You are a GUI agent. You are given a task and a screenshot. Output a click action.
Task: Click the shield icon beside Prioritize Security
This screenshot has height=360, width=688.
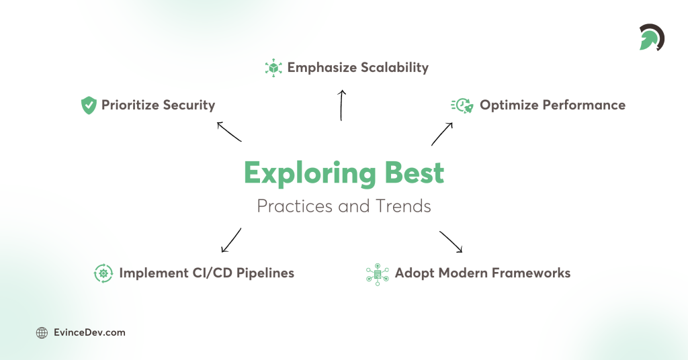(x=89, y=105)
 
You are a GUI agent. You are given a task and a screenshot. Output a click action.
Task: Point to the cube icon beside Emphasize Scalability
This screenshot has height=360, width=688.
(x=273, y=67)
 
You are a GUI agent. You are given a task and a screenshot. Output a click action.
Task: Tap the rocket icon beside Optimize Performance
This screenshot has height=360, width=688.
(x=462, y=105)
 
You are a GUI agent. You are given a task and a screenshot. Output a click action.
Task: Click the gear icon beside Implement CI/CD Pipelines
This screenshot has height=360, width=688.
(x=103, y=273)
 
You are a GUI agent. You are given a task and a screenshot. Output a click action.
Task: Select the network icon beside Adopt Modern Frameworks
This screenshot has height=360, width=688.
(x=378, y=273)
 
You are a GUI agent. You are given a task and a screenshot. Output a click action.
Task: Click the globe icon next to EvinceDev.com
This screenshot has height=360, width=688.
(x=42, y=332)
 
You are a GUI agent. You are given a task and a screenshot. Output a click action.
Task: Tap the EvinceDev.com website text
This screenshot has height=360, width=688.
(x=89, y=332)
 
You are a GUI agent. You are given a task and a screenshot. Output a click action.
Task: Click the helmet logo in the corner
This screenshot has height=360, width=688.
(x=651, y=38)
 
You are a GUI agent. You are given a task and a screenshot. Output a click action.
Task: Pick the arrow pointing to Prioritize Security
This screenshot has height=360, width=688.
(x=228, y=132)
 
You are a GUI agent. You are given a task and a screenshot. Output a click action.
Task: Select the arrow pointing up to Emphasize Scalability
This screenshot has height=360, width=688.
(x=341, y=105)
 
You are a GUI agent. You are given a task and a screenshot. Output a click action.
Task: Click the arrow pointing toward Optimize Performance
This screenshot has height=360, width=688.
(x=441, y=134)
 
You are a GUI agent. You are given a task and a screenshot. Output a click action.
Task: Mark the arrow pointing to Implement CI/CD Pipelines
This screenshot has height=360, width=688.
(x=230, y=240)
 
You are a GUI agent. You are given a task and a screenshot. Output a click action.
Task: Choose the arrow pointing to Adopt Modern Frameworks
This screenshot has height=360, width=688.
(x=451, y=242)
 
